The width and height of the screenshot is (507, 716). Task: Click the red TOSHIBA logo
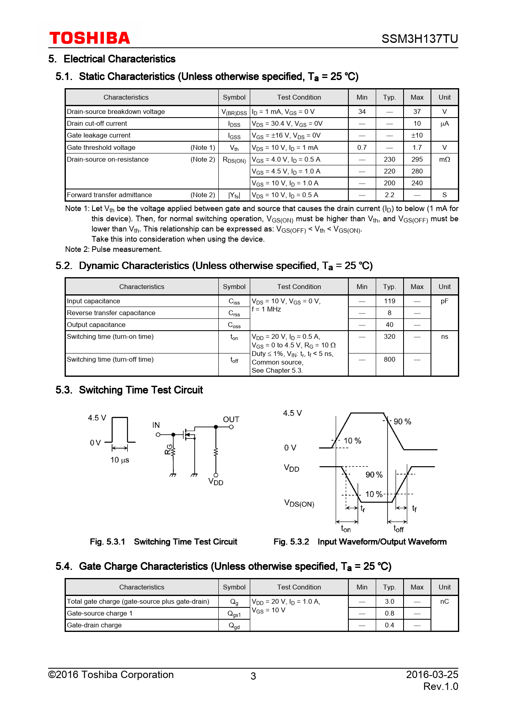tap(90, 38)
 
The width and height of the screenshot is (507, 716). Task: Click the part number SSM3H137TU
tap(420, 39)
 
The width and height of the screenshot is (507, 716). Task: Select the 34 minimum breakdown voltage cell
tap(362, 111)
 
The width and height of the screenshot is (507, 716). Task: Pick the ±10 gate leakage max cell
tap(417, 135)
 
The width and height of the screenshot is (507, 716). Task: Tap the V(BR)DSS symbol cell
tap(234, 112)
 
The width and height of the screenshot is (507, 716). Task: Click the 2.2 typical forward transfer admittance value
tap(389, 195)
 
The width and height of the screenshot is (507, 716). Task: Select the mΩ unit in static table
tap(444, 159)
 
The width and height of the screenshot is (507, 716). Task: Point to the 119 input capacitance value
tap(389, 301)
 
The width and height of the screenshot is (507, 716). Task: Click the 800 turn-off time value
tap(389, 359)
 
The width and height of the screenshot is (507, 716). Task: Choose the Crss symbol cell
tap(234, 313)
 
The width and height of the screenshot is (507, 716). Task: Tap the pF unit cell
tap(444, 301)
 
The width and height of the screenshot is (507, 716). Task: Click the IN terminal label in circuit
tap(156, 425)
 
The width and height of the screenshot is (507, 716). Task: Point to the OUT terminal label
tap(231, 419)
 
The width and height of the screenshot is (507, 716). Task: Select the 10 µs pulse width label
tap(120, 460)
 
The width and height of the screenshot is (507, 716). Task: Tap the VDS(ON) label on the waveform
tap(299, 503)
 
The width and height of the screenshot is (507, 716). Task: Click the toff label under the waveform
tap(399, 529)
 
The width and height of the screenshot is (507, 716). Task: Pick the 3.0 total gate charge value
tap(389, 601)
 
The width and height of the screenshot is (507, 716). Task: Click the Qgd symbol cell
tap(234, 625)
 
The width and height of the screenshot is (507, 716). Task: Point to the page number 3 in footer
tap(253, 676)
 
